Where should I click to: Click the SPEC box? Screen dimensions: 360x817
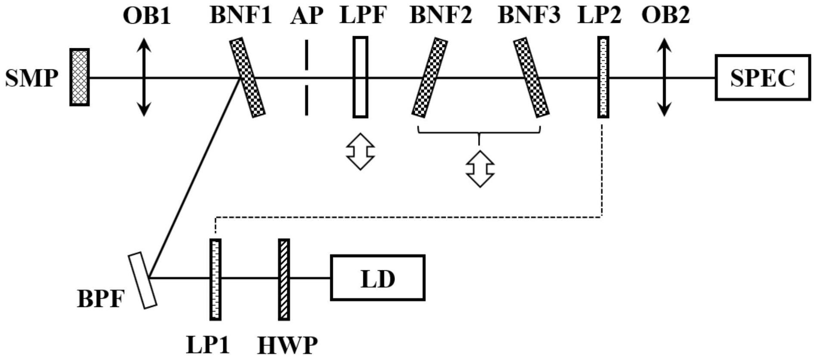click(762, 78)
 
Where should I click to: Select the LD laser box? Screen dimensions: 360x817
click(378, 278)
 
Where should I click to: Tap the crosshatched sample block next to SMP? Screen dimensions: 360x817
click(80, 77)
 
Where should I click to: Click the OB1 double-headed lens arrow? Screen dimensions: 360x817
click(144, 77)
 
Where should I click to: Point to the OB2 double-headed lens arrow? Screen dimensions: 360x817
click(664, 77)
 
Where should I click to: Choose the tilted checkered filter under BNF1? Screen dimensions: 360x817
click(247, 77)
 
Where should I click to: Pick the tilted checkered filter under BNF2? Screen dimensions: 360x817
click(429, 78)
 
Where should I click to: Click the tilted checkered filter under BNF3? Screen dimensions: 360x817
click(531, 78)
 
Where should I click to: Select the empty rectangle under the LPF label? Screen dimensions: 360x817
click(360, 77)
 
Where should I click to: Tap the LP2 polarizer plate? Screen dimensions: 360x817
click(603, 77)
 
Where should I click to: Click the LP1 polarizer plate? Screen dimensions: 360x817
click(215, 279)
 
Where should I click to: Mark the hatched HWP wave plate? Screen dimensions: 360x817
click(284, 279)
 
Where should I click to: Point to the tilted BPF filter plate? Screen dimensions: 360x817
click(143, 280)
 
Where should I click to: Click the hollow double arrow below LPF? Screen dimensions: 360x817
click(360, 151)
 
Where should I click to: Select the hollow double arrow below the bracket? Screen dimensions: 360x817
click(480, 169)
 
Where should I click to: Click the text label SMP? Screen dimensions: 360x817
click(31, 78)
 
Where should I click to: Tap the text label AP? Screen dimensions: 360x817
click(307, 15)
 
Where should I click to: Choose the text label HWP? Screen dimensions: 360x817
click(288, 345)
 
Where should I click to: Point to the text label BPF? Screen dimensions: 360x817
click(100, 298)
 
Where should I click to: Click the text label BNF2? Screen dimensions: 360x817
click(441, 15)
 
